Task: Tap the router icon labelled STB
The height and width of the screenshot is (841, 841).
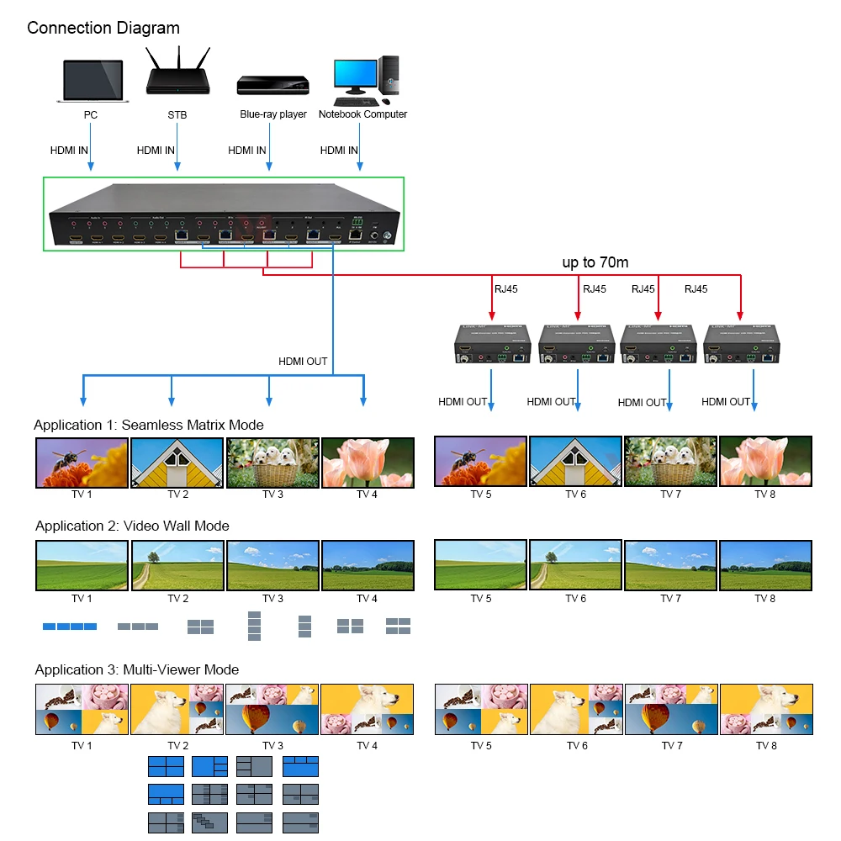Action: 177,73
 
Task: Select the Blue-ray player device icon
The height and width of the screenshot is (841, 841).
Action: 272,87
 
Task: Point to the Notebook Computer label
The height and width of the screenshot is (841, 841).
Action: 362,114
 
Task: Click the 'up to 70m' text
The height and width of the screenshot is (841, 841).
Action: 595,262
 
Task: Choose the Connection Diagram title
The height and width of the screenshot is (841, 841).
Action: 103,28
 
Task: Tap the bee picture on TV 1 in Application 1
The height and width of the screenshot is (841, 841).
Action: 82,462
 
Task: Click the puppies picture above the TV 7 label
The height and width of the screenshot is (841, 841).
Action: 670,462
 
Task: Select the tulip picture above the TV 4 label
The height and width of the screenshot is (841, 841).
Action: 368,462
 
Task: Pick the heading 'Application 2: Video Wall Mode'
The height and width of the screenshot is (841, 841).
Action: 132,526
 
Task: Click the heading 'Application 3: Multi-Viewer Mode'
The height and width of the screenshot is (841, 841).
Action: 137,670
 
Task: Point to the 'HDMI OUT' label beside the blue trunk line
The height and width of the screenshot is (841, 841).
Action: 303,362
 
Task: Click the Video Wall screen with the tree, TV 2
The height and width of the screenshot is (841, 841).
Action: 177,565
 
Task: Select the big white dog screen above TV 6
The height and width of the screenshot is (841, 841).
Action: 576,709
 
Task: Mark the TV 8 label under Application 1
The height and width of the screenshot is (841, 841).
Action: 764,495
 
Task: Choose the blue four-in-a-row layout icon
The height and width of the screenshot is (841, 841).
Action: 70,626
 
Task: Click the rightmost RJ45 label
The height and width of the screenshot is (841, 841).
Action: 696,289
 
